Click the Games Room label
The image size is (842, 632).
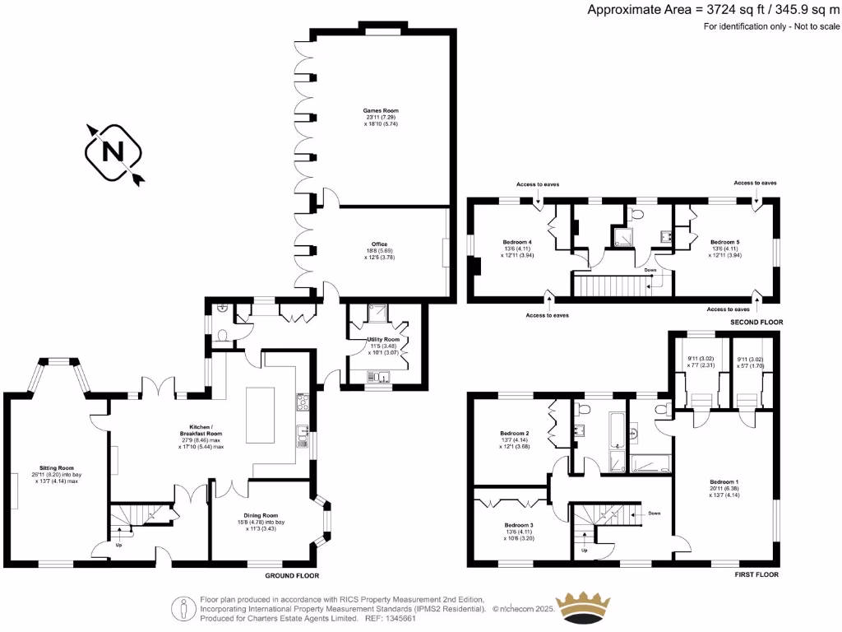(x=381, y=110)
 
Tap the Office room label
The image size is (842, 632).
(x=379, y=244)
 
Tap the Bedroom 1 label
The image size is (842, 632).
(x=724, y=481)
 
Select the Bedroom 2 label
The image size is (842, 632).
(x=514, y=433)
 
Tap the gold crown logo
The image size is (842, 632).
(x=591, y=607)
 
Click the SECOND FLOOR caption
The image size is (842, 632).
(x=756, y=322)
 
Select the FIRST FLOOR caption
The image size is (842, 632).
(x=755, y=574)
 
